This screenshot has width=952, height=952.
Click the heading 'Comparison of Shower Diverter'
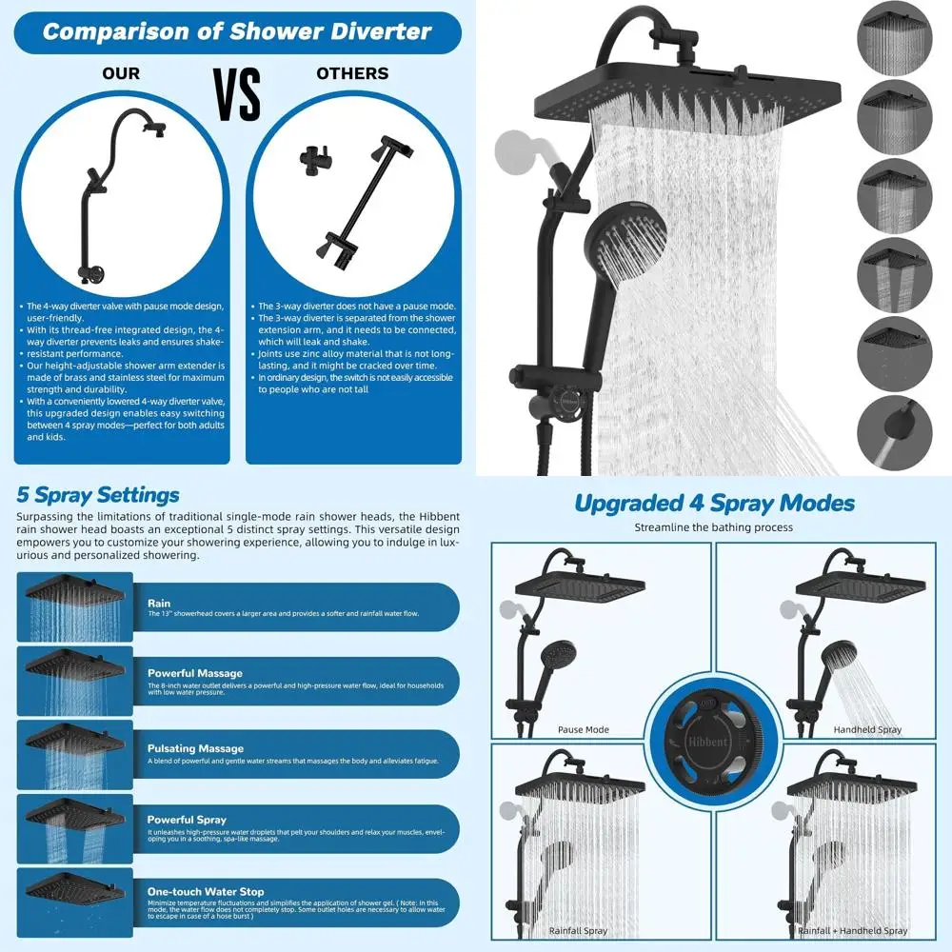237,31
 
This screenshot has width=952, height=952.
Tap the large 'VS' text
237,94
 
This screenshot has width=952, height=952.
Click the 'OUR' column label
121,73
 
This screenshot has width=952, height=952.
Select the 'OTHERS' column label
352,73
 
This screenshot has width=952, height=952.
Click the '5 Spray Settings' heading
98,495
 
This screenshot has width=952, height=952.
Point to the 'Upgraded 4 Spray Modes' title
714,503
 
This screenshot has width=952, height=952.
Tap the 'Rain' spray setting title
159,603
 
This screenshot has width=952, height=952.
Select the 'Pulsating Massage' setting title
195,748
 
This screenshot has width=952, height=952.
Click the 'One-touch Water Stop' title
206,891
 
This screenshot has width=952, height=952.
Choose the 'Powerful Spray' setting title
187,819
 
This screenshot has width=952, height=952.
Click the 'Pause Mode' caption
584,729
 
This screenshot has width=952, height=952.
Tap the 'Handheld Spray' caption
868,729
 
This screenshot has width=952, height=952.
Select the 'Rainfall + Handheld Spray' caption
852,930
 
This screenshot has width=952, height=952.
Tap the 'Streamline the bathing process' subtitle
714,527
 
